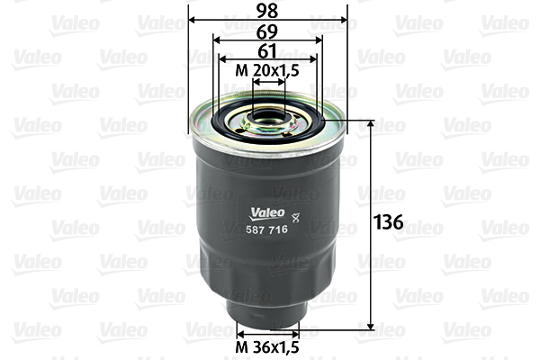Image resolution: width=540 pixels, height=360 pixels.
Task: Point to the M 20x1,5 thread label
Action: coord(267,70)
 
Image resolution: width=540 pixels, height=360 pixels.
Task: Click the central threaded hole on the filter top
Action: coord(268,114)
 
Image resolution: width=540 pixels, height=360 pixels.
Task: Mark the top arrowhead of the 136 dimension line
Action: coord(371,124)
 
